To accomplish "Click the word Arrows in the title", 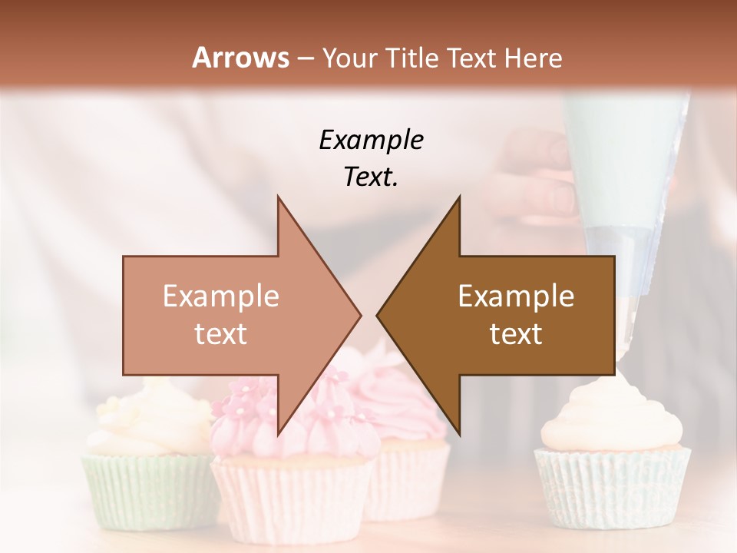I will (240, 58).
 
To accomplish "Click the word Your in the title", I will (349, 58).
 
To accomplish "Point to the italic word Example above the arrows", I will (371, 140).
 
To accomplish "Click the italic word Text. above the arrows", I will (371, 177).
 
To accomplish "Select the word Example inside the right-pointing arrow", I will (220, 296).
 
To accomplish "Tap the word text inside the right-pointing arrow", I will (220, 333).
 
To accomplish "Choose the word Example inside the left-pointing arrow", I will (516, 296).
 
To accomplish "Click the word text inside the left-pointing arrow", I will (516, 333).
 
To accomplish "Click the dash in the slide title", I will (305, 58).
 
